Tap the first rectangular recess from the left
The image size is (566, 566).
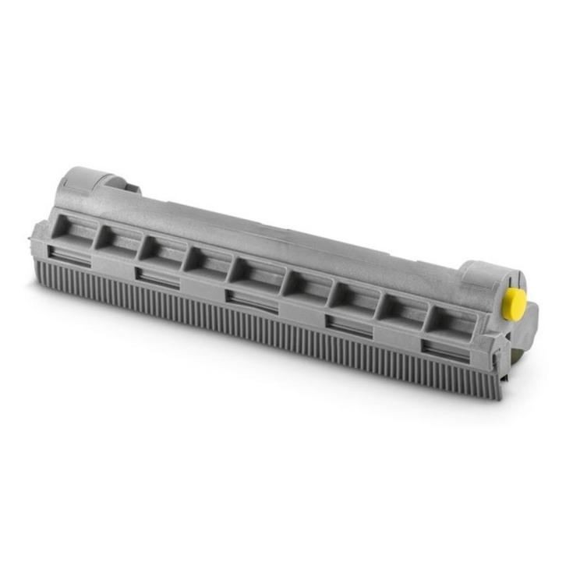(x=76, y=230)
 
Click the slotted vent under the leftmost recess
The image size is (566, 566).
(x=70, y=253)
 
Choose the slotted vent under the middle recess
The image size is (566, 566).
(x=251, y=299)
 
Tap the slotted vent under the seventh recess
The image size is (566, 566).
(x=349, y=324)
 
